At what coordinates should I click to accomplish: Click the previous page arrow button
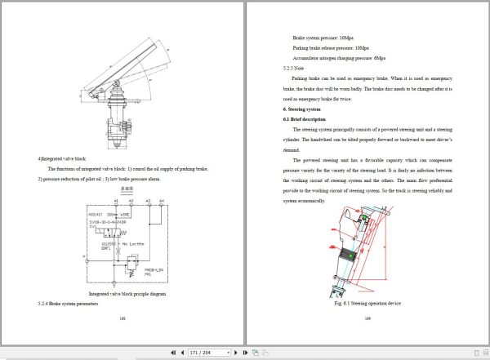coord(182,353)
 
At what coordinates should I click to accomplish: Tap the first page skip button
coord(172,353)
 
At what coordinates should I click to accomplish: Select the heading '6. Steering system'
coord(302,109)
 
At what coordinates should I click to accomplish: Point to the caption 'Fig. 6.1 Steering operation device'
coord(367,304)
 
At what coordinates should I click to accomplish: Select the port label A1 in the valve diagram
coord(117,200)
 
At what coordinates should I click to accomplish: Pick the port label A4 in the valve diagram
coord(161,200)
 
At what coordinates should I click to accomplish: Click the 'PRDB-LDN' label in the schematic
coord(154,269)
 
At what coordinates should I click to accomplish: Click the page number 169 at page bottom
coord(367,318)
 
